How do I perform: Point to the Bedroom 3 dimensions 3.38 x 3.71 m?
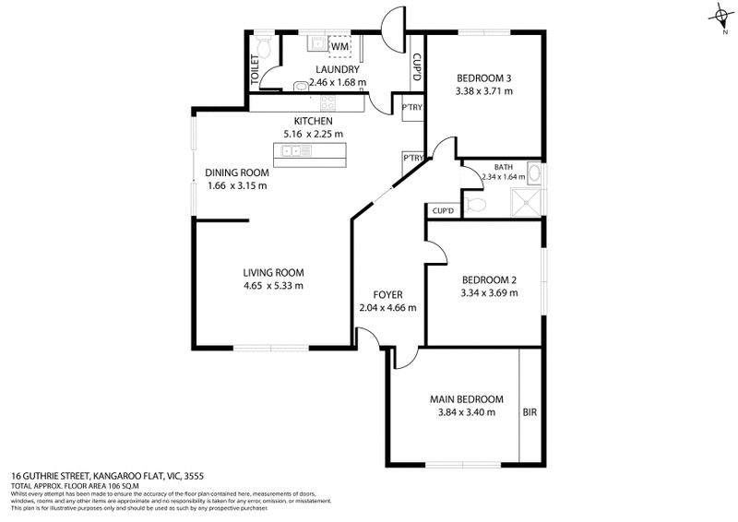(483, 91)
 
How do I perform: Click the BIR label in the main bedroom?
(530, 412)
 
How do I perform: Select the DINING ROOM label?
(237, 172)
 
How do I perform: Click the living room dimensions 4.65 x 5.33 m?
(273, 286)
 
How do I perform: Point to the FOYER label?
(387, 295)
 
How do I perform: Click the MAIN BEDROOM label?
(466, 399)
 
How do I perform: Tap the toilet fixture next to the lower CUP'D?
(475, 204)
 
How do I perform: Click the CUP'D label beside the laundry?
(417, 67)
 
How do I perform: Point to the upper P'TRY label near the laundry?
(411, 108)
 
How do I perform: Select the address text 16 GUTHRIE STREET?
(64, 476)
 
